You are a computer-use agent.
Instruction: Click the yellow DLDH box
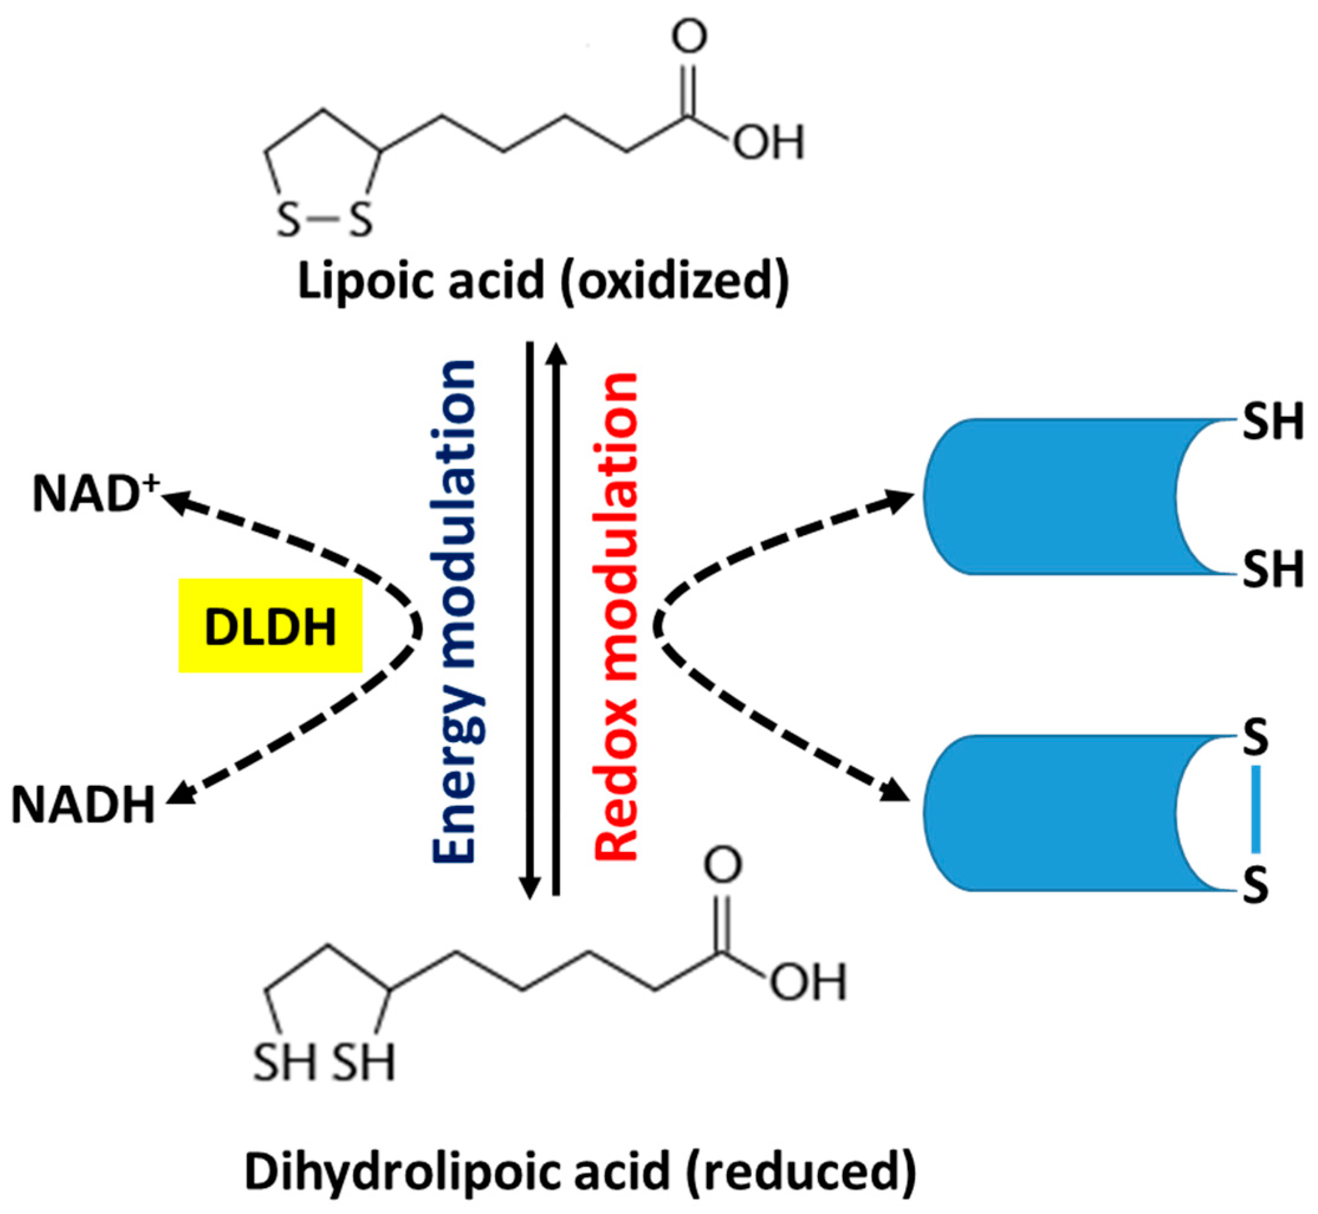click(x=270, y=626)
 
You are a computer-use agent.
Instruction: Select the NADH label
click(x=83, y=805)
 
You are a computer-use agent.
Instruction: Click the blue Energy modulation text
click(x=453, y=611)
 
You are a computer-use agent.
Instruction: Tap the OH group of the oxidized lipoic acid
click(x=768, y=141)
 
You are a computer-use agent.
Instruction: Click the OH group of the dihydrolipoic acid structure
click(x=809, y=983)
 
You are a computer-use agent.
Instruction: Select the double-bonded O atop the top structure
click(x=689, y=36)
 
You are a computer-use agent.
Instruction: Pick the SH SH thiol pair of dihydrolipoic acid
click(x=324, y=1062)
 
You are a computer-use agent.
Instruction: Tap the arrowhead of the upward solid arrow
click(x=556, y=353)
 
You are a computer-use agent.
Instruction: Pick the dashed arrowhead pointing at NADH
click(x=181, y=794)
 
